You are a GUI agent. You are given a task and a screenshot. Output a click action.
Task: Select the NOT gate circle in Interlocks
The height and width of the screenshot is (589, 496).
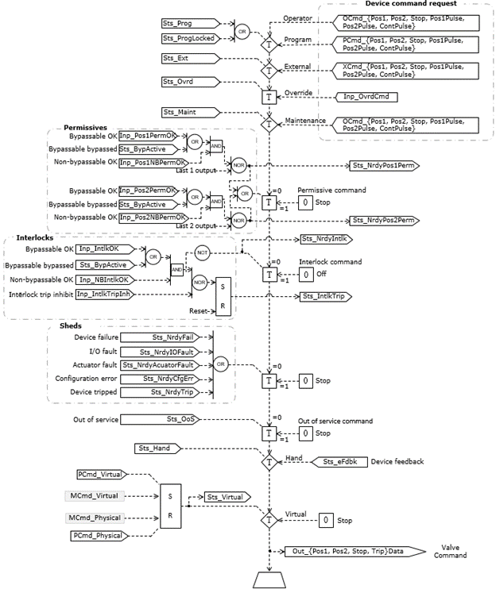(x=201, y=252)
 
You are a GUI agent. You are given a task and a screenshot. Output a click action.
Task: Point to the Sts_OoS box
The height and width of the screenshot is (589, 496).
(x=182, y=418)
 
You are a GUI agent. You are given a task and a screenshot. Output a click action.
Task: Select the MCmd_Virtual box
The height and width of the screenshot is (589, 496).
(x=92, y=496)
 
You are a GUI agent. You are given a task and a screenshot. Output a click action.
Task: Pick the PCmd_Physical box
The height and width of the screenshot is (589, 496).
(x=100, y=537)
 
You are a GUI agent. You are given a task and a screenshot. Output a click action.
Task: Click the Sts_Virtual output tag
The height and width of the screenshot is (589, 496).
(x=227, y=497)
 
